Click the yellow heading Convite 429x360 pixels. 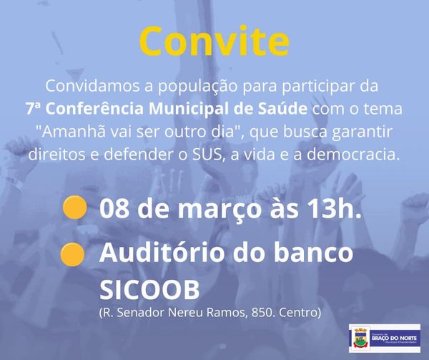click(x=214, y=41)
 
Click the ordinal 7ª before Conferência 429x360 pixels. click(x=34, y=108)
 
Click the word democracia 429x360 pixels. click(x=352, y=155)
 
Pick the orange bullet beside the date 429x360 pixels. click(x=74, y=208)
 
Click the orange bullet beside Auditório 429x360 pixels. click(x=72, y=255)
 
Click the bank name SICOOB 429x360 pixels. click(x=149, y=290)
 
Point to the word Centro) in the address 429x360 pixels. click(x=300, y=313)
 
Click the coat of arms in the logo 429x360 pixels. click(x=360, y=338)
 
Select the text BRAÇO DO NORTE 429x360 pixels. click(x=394, y=339)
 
